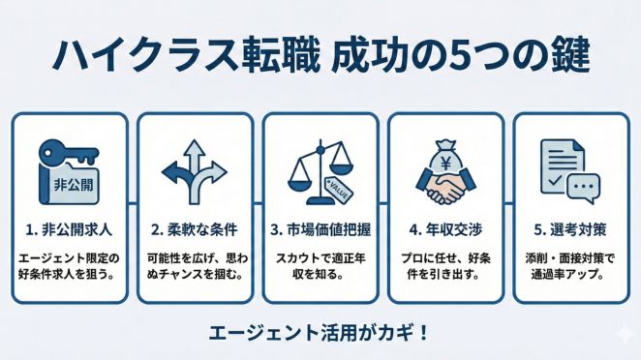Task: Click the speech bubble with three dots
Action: (x=584, y=186)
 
